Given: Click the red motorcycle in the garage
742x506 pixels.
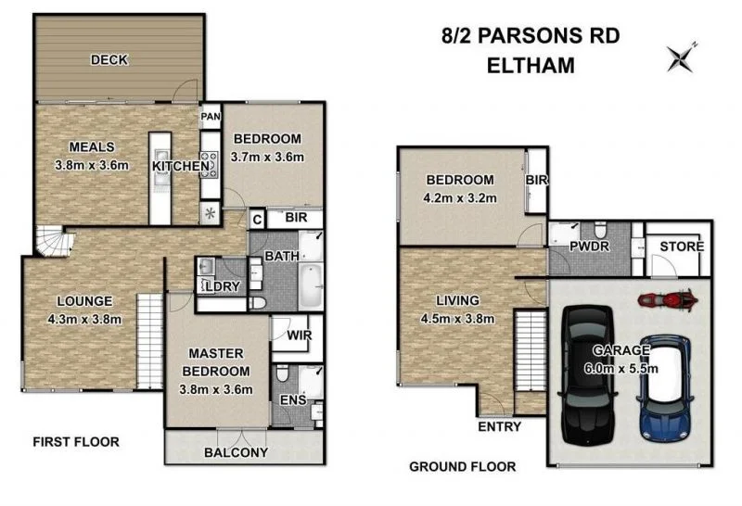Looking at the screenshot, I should click(667, 300).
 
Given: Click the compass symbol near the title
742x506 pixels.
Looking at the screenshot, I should click(683, 57).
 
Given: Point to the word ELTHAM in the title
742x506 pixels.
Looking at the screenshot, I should click(530, 65).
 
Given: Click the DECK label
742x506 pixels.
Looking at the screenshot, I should click(109, 60).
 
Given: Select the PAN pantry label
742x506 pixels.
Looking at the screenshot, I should click(211, 118).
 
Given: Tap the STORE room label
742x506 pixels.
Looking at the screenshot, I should click(682, 247).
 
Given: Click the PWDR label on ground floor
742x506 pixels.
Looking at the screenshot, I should click(568, 247).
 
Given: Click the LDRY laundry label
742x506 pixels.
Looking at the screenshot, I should click(224, 286).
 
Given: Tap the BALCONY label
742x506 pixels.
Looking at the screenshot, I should click(236, 452).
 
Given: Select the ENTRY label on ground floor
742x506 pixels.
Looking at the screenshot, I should click(499, 426).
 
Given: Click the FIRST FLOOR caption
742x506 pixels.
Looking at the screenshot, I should click(75, 441).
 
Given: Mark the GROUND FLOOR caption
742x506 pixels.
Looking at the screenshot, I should click(463, 467).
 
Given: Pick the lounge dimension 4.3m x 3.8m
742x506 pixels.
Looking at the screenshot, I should click(83, 319).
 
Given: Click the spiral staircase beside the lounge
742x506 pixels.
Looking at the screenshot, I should click(51, 245).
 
